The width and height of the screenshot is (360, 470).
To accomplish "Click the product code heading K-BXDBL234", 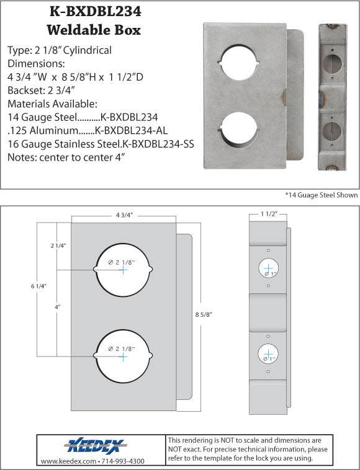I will [94, 11].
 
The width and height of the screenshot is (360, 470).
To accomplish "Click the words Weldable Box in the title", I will [94, 29].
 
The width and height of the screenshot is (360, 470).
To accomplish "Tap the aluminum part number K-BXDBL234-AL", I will [131, 131].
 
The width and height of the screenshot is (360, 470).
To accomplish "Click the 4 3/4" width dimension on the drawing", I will [124, 215].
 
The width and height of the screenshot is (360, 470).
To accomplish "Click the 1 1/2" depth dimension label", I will [268, 214].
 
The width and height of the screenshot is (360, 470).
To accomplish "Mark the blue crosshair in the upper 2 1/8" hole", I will [123, 270].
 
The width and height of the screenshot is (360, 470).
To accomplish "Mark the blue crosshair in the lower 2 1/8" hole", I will [123, 357].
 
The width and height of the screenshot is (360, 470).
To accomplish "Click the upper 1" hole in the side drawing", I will [268, 267].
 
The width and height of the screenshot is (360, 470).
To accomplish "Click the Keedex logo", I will [95, 446].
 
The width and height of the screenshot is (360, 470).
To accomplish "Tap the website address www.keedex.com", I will [66, 461].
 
